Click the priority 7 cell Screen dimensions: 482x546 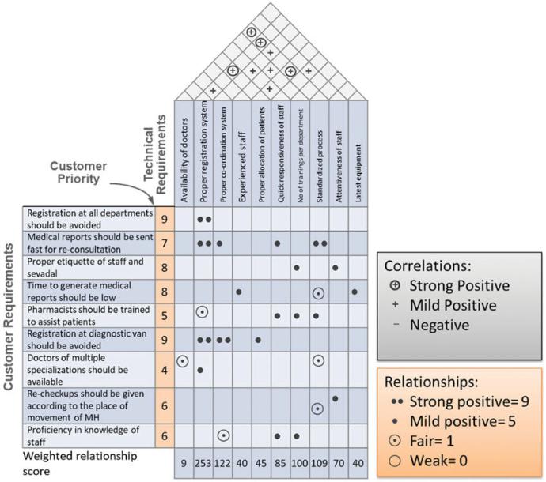[164, 242]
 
